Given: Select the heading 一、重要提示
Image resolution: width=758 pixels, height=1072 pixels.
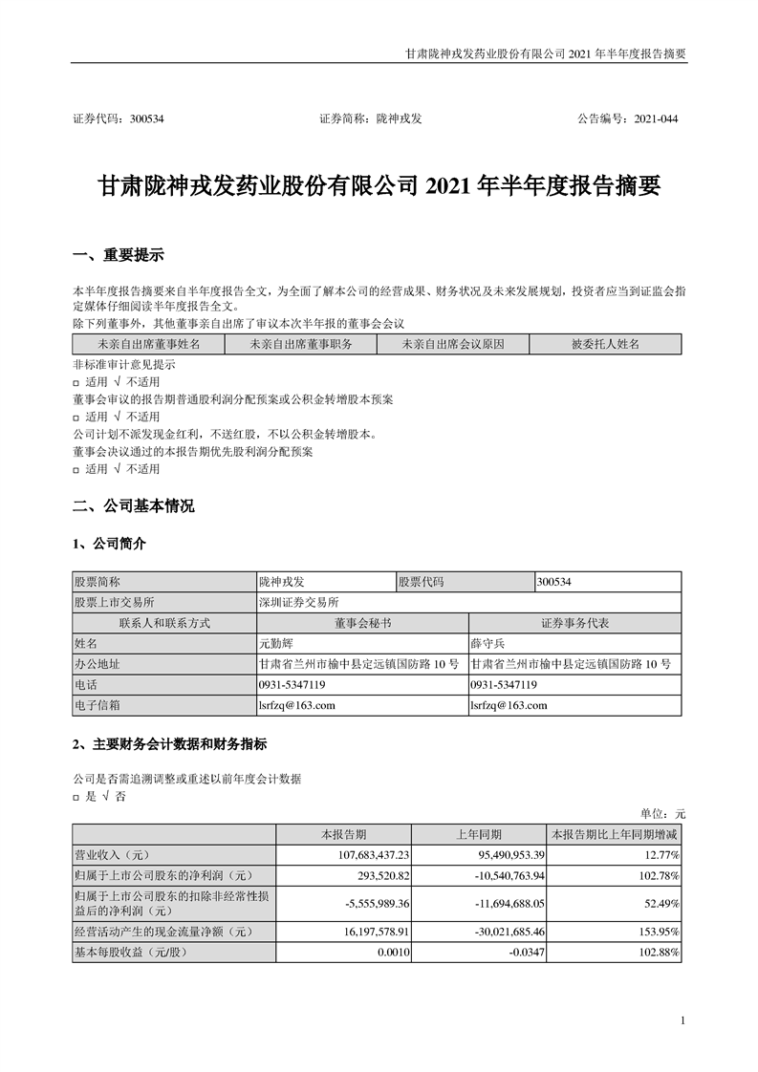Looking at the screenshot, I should click(119, 255).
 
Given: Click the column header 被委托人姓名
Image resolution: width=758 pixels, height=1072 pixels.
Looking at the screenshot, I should click(605, 344).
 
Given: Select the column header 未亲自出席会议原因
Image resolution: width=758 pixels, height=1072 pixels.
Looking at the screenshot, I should click(452, 344).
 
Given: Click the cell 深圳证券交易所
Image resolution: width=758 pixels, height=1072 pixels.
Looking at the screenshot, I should click(298, 602).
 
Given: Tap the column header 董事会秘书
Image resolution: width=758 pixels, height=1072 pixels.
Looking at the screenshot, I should click(362, 623).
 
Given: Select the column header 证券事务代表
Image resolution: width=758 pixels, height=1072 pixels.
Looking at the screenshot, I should click(574, 623).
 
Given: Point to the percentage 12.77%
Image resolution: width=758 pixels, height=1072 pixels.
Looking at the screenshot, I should click(659, 853).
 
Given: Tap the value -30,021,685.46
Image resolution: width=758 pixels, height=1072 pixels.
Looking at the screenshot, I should click(490, 931).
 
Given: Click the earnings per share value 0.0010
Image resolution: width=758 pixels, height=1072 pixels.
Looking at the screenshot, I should click(393, 952).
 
